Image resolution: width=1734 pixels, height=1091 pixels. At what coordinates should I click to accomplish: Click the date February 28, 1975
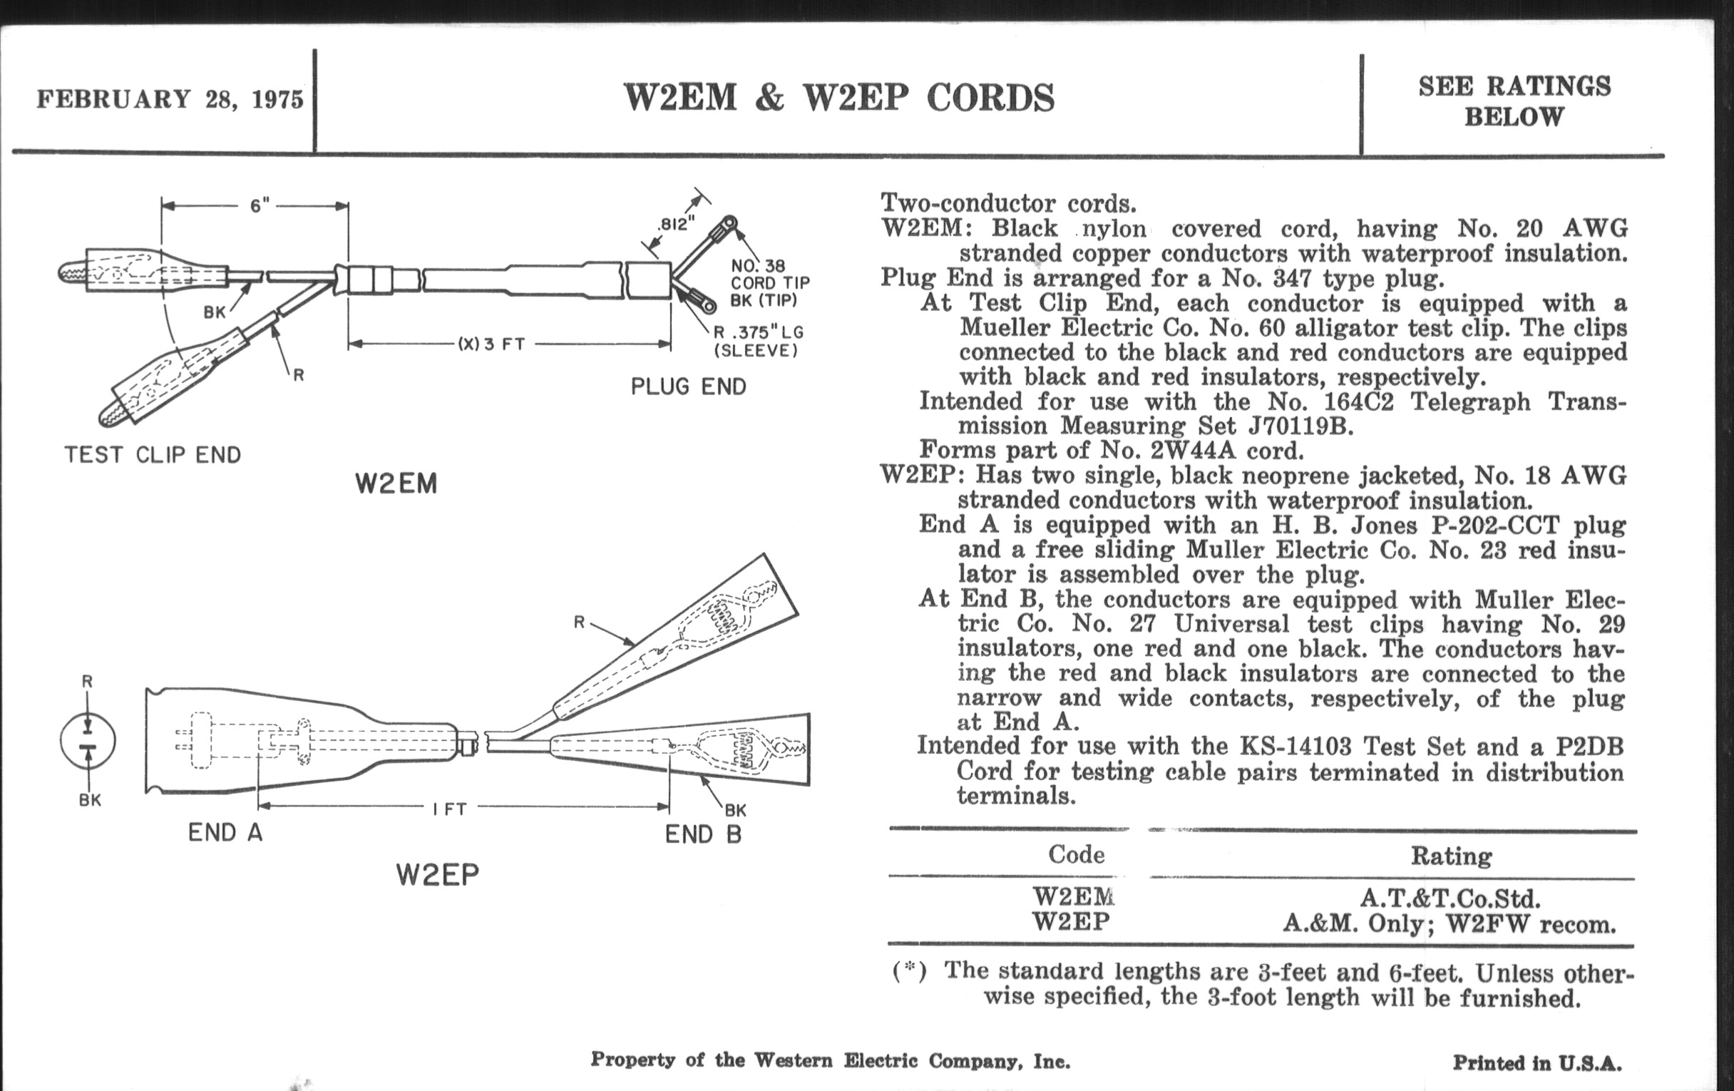(170, 98)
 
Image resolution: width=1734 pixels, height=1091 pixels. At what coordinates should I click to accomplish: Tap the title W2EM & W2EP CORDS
(839, 98)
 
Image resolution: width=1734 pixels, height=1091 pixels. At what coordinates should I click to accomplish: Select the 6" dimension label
(260, 206)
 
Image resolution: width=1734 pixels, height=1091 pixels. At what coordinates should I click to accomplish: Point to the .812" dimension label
(675, 224)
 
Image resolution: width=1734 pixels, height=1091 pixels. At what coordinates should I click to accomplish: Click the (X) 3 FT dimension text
(491, 344)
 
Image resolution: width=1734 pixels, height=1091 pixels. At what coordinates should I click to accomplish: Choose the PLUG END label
(689, 386)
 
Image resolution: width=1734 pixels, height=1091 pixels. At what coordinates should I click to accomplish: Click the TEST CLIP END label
(153, 454)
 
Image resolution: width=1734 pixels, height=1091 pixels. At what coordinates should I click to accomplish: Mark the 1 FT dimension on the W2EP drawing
(450, 809)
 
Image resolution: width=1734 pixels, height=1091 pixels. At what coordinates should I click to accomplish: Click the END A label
(225, 832)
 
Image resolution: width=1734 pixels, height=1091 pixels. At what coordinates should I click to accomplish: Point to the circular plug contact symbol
(88, 740)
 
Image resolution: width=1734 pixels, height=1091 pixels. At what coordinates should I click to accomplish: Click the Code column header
(1076, 854)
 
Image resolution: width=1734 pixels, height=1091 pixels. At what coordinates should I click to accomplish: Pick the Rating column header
(1451, 856)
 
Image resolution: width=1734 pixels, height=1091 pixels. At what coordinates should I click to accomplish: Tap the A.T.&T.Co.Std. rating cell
(1450, 898)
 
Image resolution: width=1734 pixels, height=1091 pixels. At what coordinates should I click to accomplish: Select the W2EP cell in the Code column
(1071, 922)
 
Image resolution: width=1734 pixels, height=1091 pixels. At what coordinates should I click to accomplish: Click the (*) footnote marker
(909, 971)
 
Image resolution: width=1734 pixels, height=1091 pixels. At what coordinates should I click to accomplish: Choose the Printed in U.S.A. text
(1537, 1063)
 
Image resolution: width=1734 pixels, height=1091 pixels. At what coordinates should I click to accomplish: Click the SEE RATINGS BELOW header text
(1514, 101)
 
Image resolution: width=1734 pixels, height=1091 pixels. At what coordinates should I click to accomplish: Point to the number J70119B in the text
(1300, 426)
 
